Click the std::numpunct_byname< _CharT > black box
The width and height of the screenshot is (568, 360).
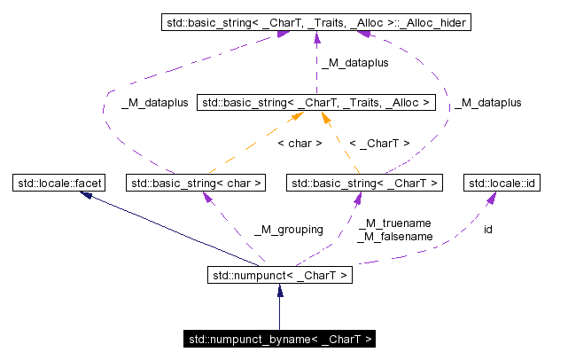tap(279, 339)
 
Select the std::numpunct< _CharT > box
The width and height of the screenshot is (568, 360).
tap(279, 276)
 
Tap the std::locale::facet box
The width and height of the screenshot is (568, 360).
tap(58, 184)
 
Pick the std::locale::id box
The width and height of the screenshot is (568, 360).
tap(503, 184)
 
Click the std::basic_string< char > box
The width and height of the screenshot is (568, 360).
tap(196, 184)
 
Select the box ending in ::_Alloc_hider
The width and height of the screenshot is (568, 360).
tap(315, 21)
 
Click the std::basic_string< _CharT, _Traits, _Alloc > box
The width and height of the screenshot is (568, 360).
tap(316, 103)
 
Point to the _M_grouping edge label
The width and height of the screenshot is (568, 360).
tap(288, 230)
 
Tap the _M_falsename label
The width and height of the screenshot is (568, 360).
tap(394, 237)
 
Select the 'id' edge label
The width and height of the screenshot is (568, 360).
tap(487, 230)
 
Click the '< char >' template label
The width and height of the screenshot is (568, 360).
tap(300, 143)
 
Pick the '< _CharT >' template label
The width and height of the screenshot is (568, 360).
tap(379, 143)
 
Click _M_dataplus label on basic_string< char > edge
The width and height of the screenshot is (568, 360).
tap(154, 103)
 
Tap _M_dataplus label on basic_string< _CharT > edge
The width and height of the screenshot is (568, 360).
tap(488, 103)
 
